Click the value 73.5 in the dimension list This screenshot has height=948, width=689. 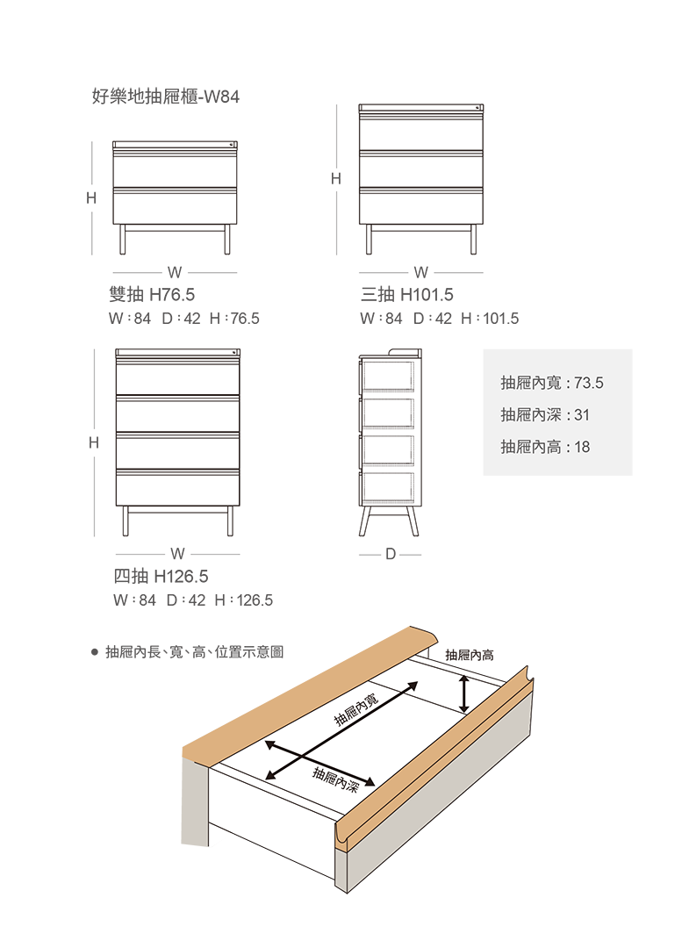(590, 384)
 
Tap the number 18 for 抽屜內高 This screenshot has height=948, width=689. (581, 447)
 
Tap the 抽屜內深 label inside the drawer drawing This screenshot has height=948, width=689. (337, 779)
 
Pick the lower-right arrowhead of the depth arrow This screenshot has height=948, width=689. (372, 784)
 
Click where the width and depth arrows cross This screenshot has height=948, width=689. (305, 757)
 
